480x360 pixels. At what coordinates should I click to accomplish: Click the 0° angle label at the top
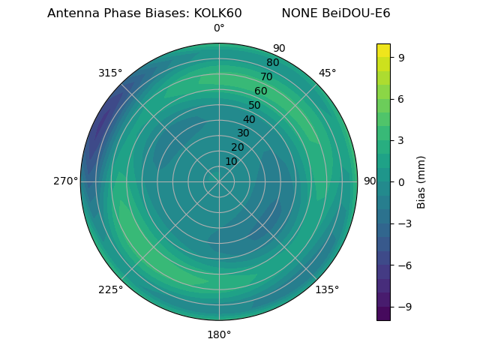pyautogui.click(x=219, y=28)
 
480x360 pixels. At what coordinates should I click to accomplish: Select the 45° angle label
pyautogui.click(x=327, y=73)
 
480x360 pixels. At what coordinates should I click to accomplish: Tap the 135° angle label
pyautogui.click(x=327, y=289)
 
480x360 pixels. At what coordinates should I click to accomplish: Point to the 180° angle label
pyautogui.click(x=219, y=334)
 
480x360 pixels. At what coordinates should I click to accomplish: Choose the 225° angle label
pyautogui.click(x=110, y=289)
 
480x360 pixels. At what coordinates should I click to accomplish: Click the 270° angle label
pyautogui.click(x=65, y=181)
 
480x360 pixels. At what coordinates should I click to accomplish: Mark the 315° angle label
pyautogui.click(x=110, y=73)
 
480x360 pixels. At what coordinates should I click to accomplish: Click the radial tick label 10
pyautogui.click(x=232, y=161)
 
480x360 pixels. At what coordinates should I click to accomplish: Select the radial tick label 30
pyautogui.click(x=243, y=133)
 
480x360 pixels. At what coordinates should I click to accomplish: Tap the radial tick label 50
pyautogui.click(x=255, y=106)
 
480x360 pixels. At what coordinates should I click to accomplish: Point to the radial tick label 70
pyautogui.click(x=266, y=77)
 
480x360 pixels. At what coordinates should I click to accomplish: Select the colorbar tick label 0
pyautogui.click(x=400, y=181)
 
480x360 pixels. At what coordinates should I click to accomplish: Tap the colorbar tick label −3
pyautogui.click(x=403, y=223)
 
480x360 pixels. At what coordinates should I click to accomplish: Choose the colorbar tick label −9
pyautogui.click(x=403, y=307)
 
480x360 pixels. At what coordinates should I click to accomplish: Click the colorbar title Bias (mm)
pyautogui.click(x=421, y=181)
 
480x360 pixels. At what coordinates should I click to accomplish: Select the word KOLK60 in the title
pyautogui.click(x=217, y=13)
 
